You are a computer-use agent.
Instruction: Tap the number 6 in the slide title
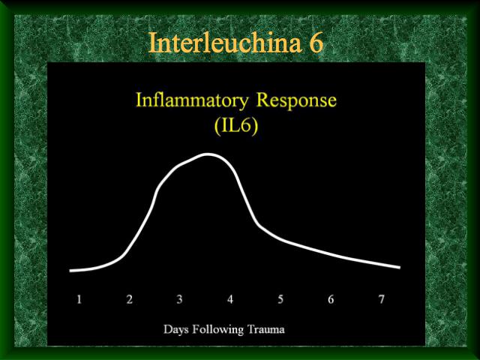click(x=316, y=43)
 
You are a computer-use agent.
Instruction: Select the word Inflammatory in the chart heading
click(x=192, y=100)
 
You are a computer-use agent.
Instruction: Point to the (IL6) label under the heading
click(x=236, y=126)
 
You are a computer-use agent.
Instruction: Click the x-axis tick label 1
click(x=79, y=299)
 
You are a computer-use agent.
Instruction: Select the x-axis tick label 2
click(x=130, y=299)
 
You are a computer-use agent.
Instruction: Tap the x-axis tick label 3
click(x=180, y=299)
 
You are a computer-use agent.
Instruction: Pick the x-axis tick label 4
click(x=230, y=299)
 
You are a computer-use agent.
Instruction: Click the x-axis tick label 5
click(x=280, y=299)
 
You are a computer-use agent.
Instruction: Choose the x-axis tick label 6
click(x=331, y=299)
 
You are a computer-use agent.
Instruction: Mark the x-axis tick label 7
click(x=381, y=299)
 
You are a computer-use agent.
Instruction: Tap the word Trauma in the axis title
click(x=266, y=329)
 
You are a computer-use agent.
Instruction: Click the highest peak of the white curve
click(x=208, y=154)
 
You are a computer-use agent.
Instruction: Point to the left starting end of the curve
click(x=70, y=271)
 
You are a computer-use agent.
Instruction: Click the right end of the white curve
click(x=400, y=267)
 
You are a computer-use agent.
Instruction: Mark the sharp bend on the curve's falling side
click(x=259, y=225)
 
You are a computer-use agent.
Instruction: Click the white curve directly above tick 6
click(x=331, y=253)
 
